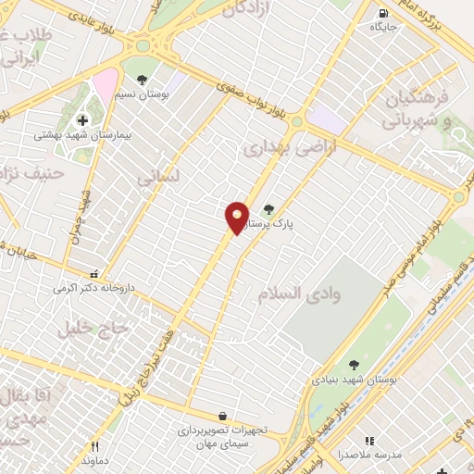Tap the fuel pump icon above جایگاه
point(383,13)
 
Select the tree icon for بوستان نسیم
point(141,80)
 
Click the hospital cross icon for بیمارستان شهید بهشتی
point(82,119)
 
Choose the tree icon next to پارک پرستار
point(268,209)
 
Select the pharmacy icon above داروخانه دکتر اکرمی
point(93,274)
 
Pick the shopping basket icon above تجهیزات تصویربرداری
point(222,417)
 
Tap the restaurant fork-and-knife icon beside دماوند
point(94,446)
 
